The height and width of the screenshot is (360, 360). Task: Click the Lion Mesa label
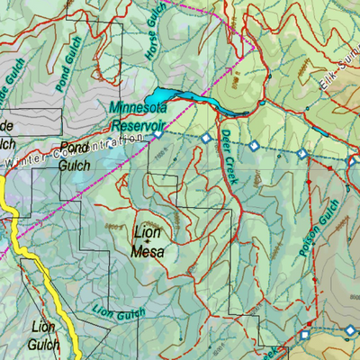pos(148,242)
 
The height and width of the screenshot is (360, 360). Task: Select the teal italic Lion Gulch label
pos(116,310)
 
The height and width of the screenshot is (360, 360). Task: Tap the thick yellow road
pos(36,270)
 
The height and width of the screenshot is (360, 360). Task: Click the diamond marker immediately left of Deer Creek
pos(206,139)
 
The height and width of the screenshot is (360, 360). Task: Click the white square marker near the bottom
pos(304,335)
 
